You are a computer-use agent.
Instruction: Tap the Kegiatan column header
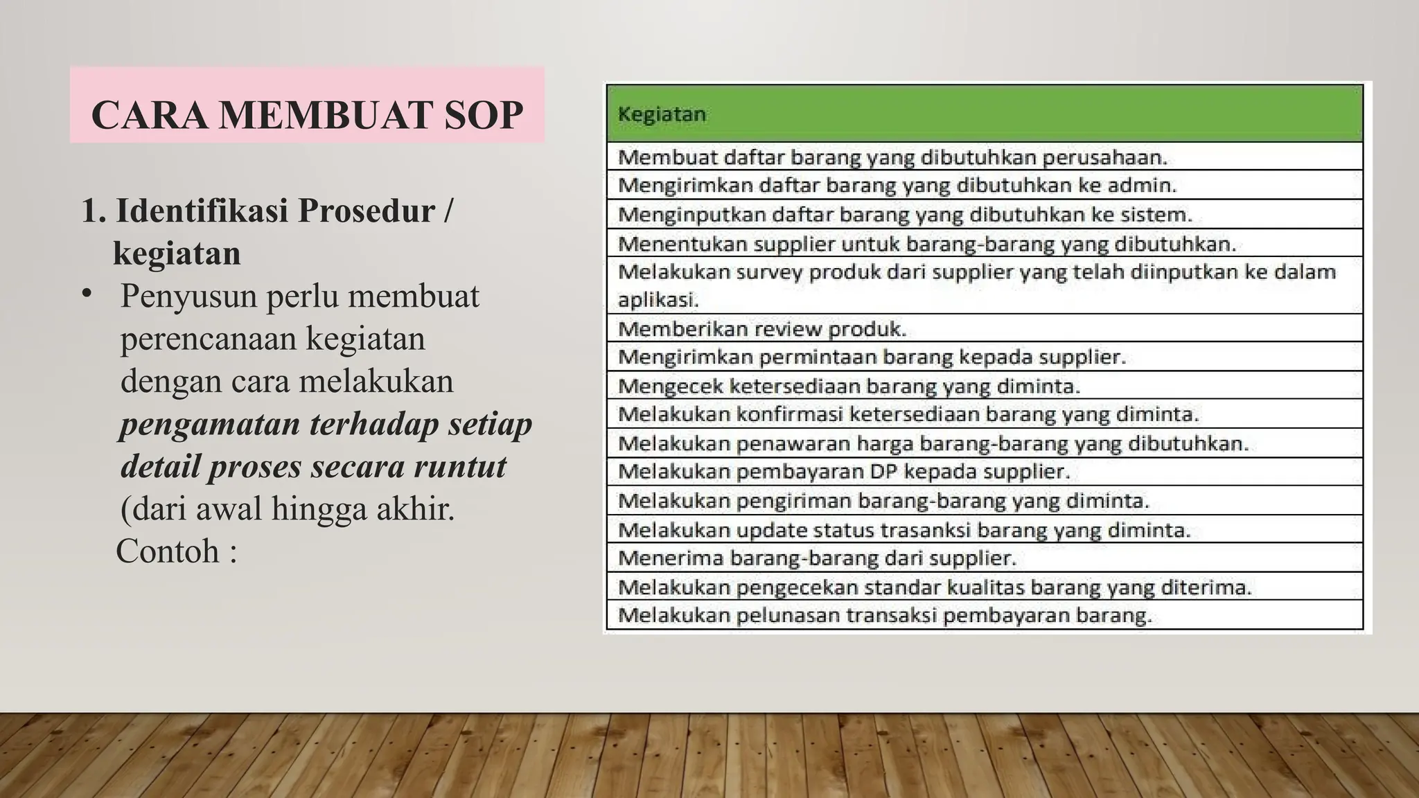(662, 114)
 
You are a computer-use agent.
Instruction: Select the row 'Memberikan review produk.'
(761, 328)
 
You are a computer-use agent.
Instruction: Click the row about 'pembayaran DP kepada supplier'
(843, 472)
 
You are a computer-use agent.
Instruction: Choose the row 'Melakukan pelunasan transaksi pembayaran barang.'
(884, 615)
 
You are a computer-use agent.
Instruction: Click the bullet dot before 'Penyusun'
(86, 294)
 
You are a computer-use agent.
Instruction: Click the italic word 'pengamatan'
(209, 424)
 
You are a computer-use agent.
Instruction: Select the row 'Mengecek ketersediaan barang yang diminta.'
(848, 386)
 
